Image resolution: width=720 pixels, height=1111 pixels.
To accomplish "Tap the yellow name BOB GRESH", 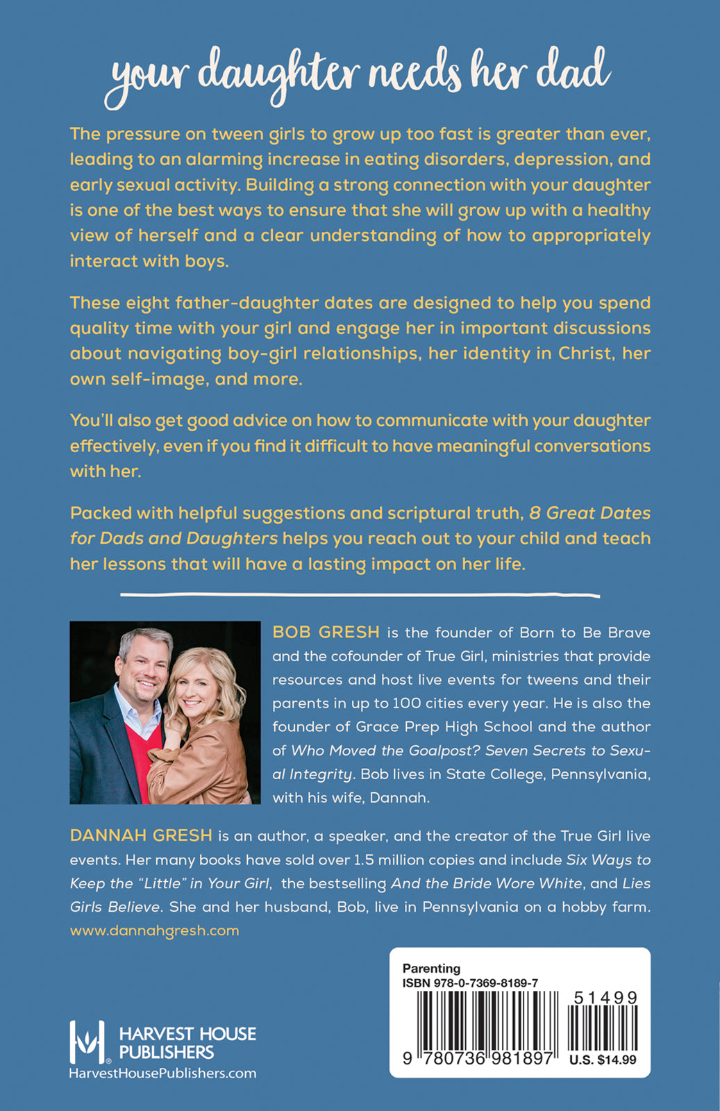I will point(326,632).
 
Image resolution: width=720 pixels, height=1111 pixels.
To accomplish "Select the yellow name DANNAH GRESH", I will point(141,835).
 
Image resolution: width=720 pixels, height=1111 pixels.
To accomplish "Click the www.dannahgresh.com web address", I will point(154,930).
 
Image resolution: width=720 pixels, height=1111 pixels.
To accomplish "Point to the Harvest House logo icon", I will point(87,1042).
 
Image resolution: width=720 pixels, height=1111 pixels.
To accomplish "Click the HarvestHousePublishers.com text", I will point(162,1074).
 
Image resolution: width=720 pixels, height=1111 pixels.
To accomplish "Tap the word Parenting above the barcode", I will point(431,968).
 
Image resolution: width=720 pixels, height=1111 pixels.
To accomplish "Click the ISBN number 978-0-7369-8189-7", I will point(470,983).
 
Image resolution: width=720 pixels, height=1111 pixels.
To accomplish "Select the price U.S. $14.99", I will point(602,1060).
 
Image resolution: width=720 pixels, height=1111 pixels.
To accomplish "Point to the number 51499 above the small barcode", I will point(605,998).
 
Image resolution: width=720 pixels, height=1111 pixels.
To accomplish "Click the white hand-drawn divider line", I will point(360,594).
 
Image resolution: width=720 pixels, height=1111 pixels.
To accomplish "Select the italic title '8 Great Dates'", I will point(589,513).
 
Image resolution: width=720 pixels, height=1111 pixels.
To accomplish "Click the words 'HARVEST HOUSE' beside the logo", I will point(187,1034).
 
